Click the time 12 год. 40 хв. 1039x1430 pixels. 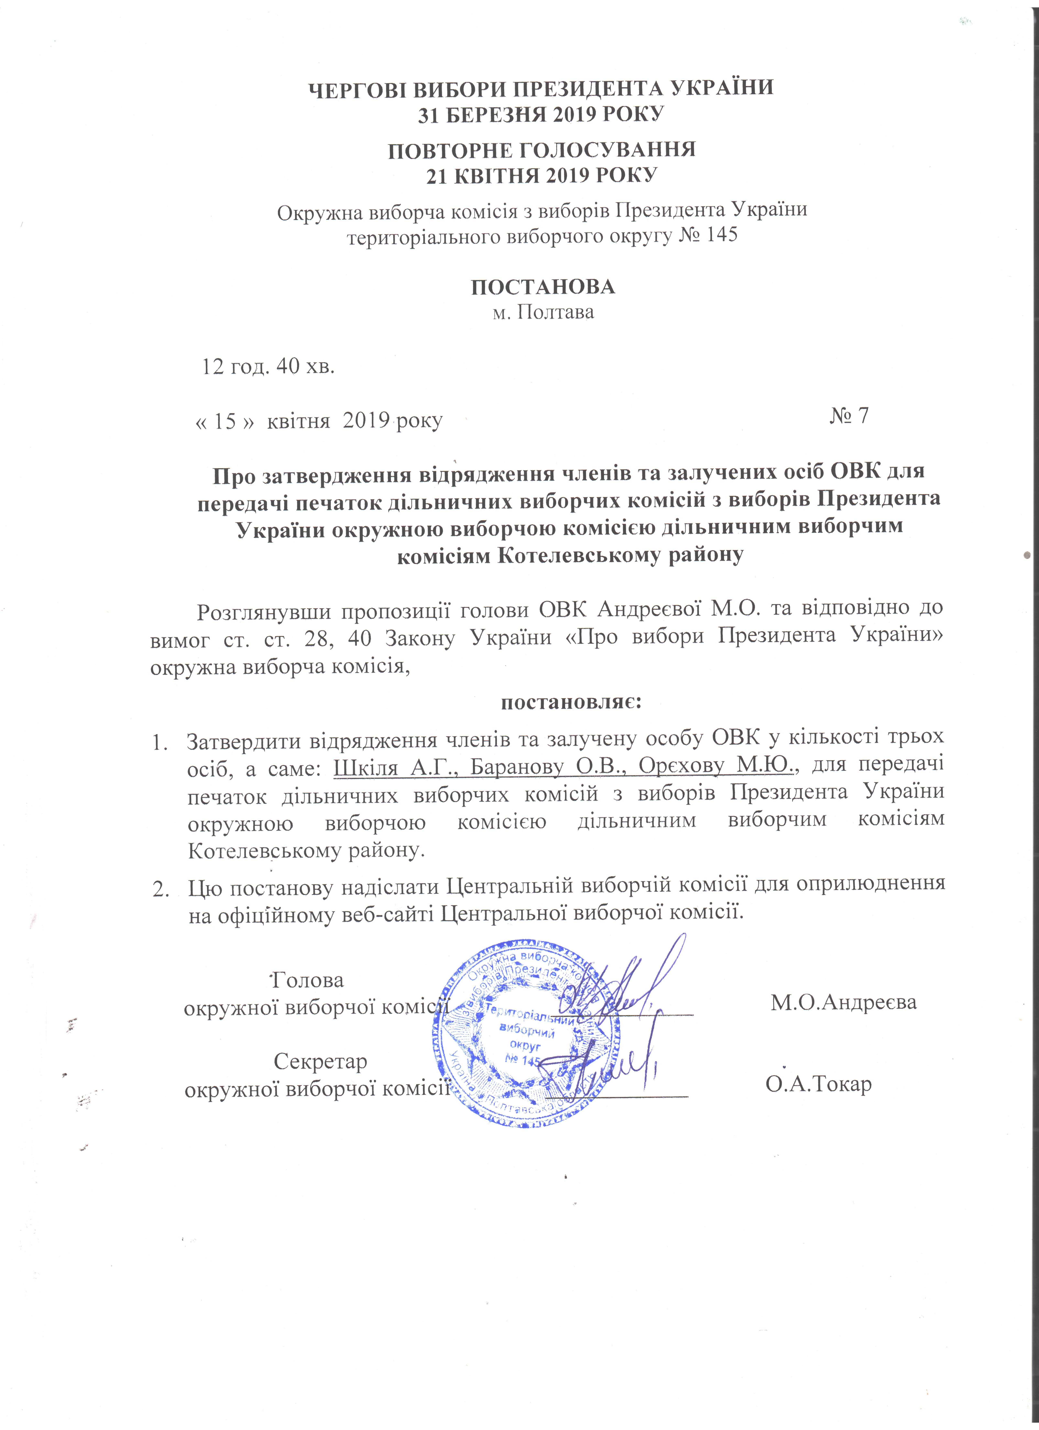coord(268,366)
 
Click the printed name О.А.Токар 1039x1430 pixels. coord(819,1084)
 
